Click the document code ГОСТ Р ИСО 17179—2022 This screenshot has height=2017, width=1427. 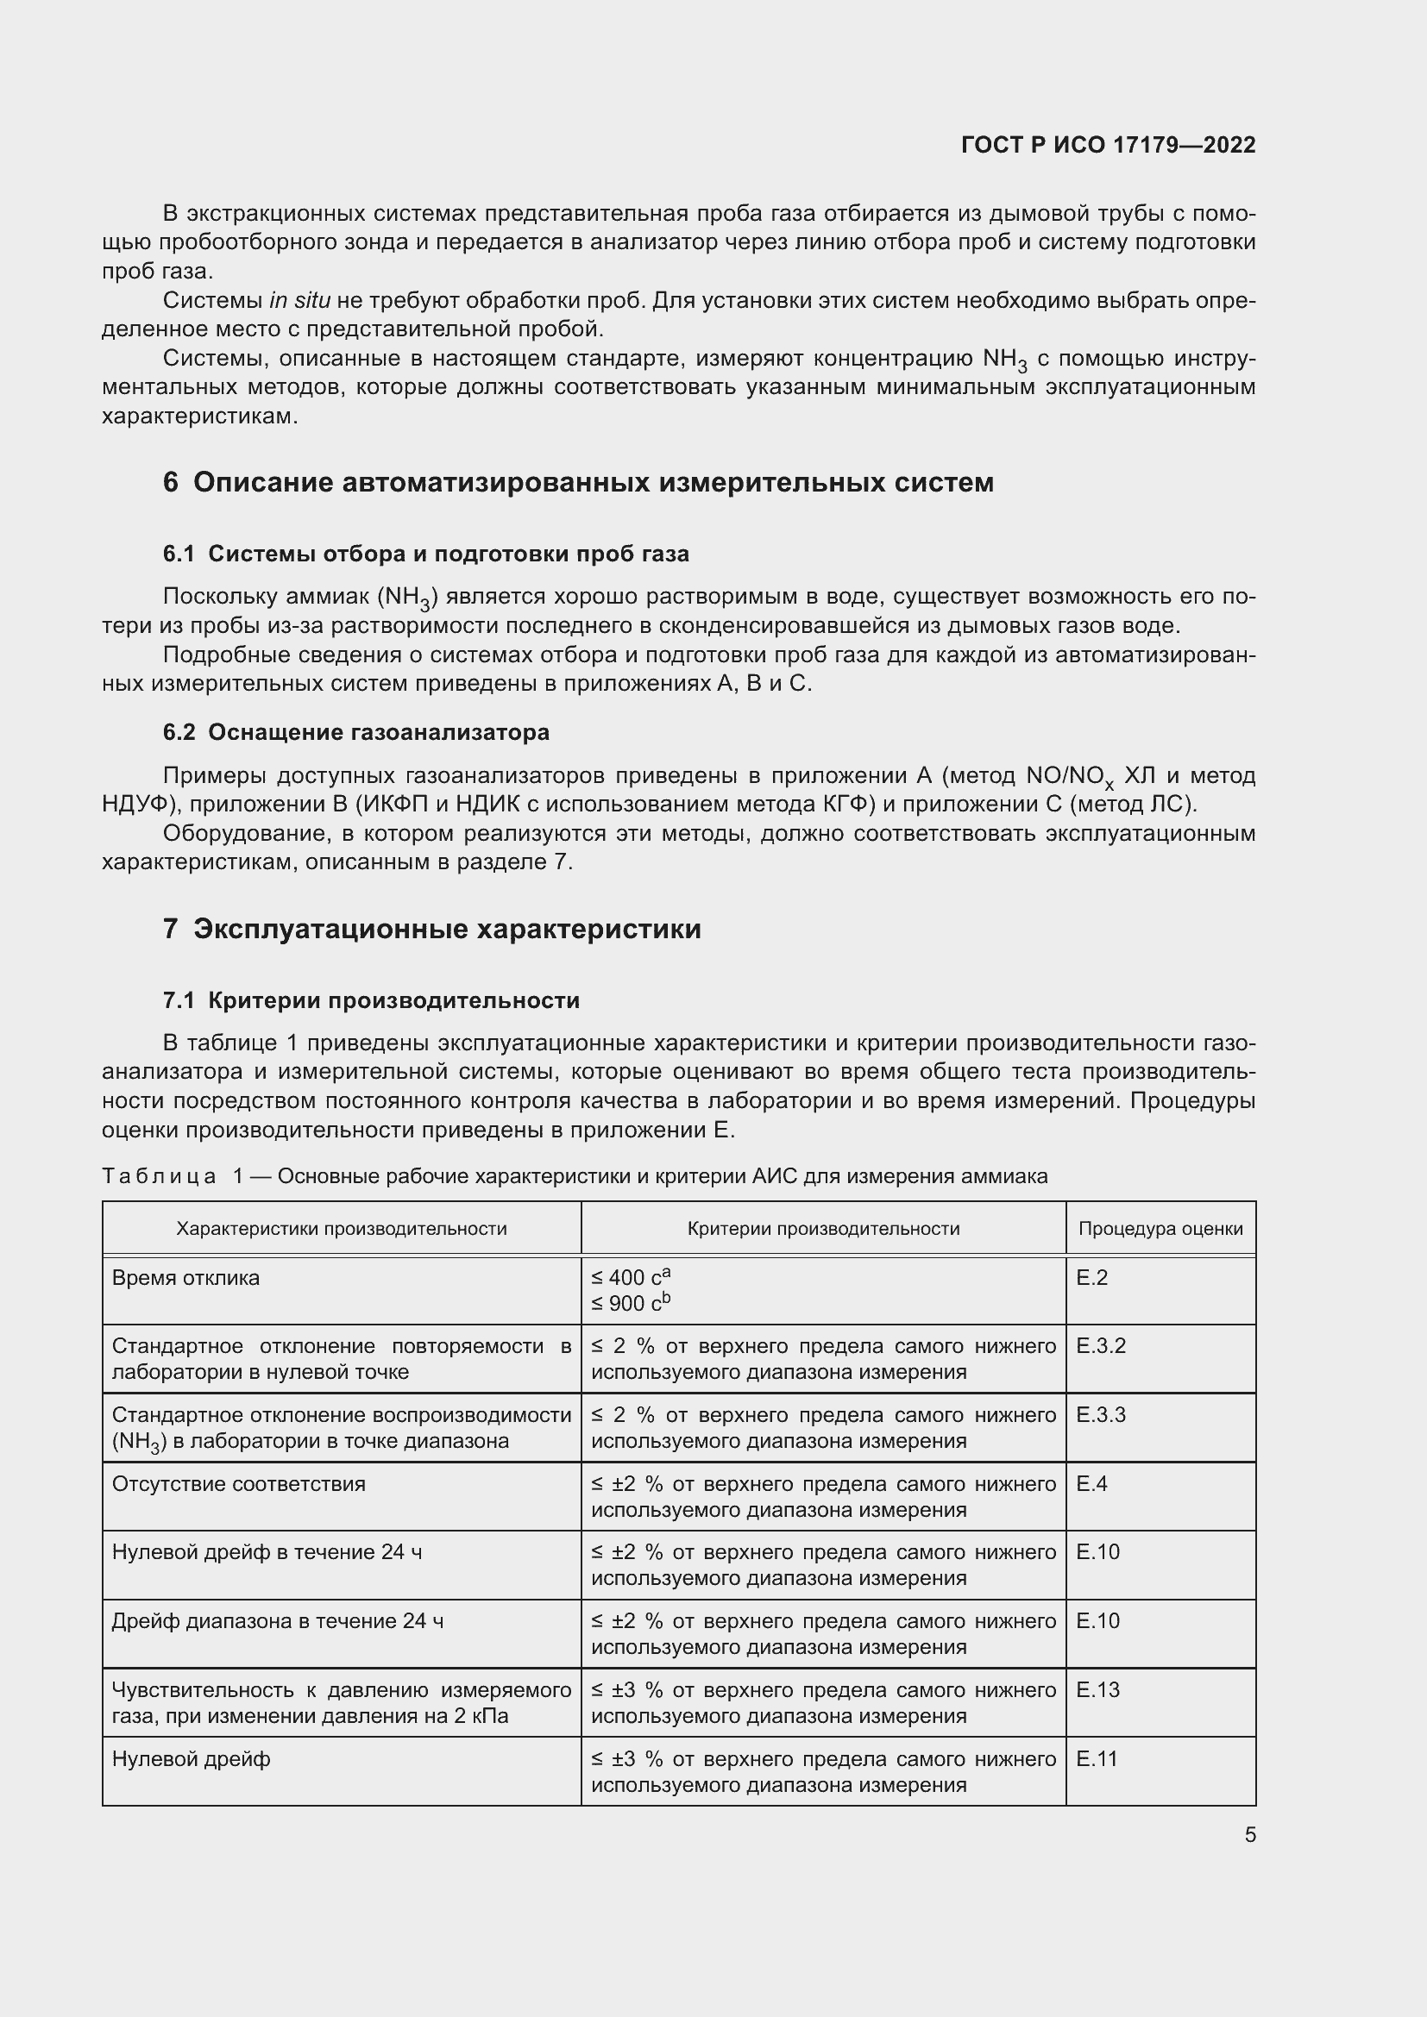pos(1108,145)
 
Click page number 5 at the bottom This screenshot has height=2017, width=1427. pos(1249,1834)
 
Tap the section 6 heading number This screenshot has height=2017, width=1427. pos(171,482)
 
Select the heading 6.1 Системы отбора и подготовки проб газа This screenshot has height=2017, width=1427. pos(426,554)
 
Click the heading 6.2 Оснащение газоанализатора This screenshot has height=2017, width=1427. pos(355,732)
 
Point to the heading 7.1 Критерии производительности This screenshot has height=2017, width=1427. pos(371,999)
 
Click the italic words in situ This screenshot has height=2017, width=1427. pos(299,300)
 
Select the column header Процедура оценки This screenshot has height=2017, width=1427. pos(1160,1228)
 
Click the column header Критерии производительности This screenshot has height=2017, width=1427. pos(822,1228)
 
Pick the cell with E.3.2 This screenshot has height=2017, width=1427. pos(1100,1346)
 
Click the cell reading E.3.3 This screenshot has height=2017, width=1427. pos(1100,1414)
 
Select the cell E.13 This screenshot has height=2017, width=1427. pos(1097,1689)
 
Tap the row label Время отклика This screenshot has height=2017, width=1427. pos(185,1277)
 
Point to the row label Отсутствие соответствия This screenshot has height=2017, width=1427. pos(238,1484)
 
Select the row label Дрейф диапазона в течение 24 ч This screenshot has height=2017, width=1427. pos(277,1621)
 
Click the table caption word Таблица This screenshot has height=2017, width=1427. pos(159,1176)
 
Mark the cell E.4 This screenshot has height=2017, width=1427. pos(1091,1484)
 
